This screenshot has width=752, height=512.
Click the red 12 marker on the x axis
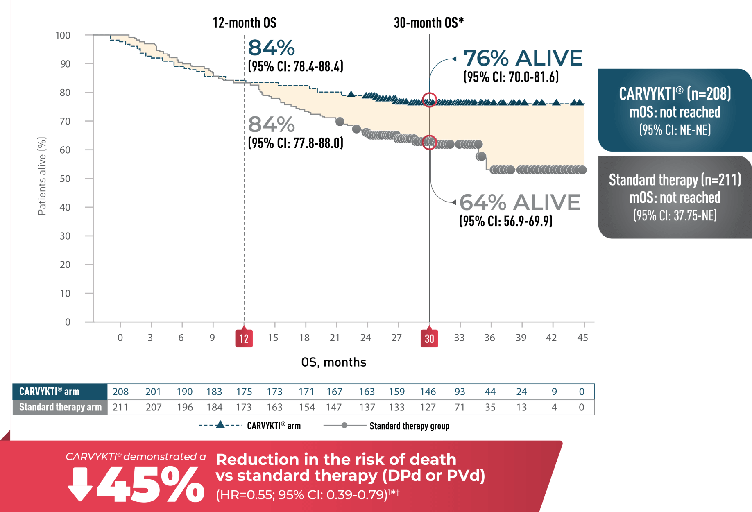click(244, 338)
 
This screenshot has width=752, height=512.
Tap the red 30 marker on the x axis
click(429, 338)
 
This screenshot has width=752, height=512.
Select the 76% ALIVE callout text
click(523, 58)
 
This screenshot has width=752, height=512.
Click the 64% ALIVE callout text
click(520, 202)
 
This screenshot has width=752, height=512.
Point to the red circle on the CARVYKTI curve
click(429, 100)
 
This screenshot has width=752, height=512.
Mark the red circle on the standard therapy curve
click(429, 142)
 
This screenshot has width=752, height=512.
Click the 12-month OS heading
click(245, 23)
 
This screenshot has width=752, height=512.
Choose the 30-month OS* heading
click(428, 23)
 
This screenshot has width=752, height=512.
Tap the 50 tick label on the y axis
click(65, 179)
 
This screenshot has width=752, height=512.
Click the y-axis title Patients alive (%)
click(42, 176)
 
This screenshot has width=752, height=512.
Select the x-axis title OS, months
click(333, 362)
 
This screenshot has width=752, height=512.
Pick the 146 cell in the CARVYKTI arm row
click(428, 392)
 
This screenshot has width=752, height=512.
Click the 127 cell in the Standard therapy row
click(428, 407)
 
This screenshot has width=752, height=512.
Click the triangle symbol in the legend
click(220, 425)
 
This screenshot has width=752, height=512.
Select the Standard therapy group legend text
click(409, 426)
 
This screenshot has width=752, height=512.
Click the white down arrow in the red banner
click(80, 484)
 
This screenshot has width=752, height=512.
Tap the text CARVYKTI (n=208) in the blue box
click(675, 94)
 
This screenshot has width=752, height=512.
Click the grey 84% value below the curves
click(272, 125)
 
